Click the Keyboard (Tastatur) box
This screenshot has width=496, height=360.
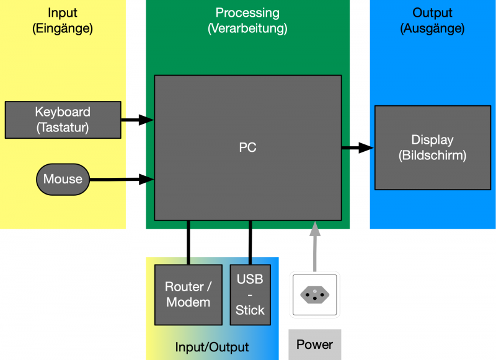[x=63, y=120]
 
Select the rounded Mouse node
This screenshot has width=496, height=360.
[x=63, y=180]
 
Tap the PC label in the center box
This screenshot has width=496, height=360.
[x=247, y=148]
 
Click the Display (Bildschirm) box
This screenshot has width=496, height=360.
[x=432, y=148]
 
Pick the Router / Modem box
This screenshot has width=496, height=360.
[x=188, y=295]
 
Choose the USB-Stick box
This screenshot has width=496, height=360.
[x=250, y=295]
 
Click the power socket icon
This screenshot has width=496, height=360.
[x=315, y=296]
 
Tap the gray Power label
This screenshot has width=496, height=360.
[x=314, y=345]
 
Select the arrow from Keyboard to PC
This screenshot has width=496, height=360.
[x=137, y=120]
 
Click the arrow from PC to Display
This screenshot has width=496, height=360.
[x=357, y=148]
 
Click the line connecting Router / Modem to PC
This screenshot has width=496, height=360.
[x=187, y=242]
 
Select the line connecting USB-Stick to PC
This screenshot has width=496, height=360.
[x=250, y=242]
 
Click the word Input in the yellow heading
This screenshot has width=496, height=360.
[x=63, y=12]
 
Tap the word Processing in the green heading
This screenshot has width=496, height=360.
[x=247, y=12]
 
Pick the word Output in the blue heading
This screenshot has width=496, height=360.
[x=432, y=12]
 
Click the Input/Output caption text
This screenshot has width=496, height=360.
[x=212, y=348]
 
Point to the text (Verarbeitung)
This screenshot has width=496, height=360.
[x=247, y=29]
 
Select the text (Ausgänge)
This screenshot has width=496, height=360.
[x=432, y=29]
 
